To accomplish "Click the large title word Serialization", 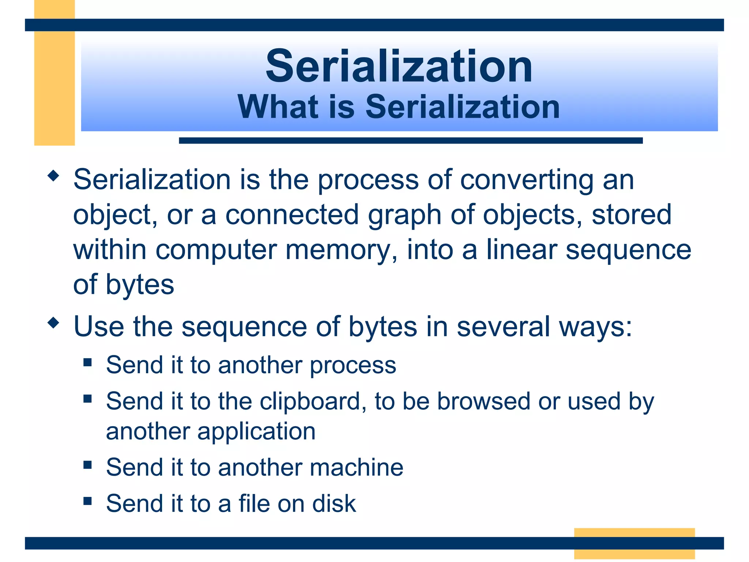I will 399,67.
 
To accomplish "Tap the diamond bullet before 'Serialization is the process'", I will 53,176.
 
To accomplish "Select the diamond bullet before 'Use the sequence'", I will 53,323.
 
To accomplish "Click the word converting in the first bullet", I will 527,180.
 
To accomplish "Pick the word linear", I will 522,250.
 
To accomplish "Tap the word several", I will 503,326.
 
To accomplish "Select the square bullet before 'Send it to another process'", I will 87,362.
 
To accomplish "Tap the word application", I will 256,432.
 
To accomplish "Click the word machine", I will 357,468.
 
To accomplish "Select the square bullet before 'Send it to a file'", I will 87,501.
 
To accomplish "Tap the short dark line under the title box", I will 410,140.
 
